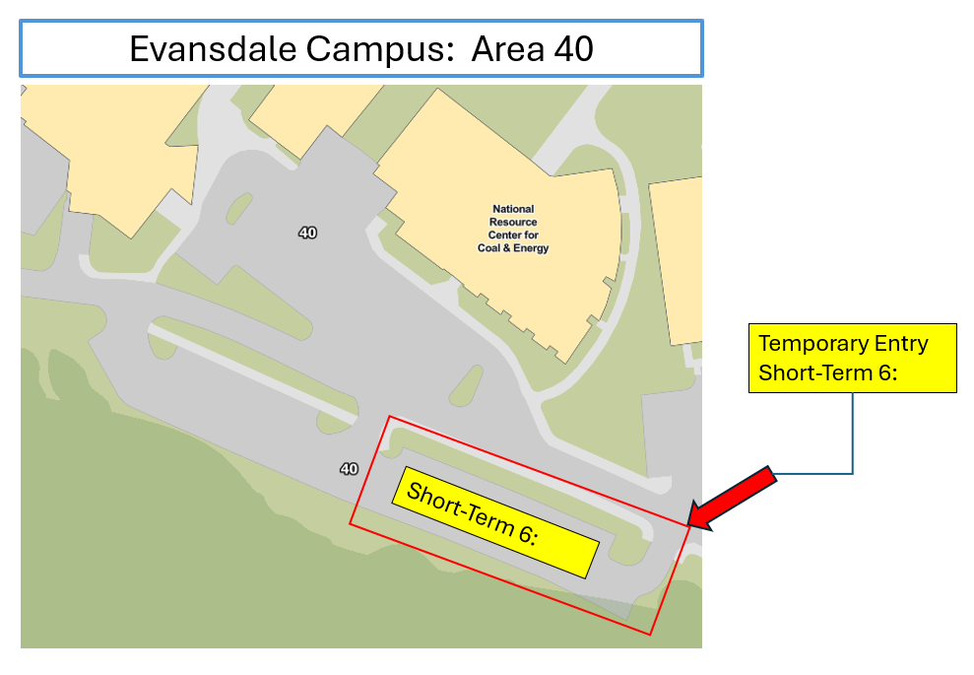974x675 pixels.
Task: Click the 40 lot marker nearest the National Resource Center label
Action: pyautogui.click(x=308, y=233)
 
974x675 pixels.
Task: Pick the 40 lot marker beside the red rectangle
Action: pyautogui.click(x=349, y=468)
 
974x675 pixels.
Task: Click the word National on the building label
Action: pyautogui.click(x=512, y=209)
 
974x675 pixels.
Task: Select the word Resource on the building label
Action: pyautogui.click(x=512, y=222)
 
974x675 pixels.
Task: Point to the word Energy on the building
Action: pyautogui.click(x=530, y=248)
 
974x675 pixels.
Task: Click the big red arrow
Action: pyautogui.click(x=734, y=499)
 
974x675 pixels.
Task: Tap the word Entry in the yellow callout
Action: pyautogui.click(x=899, y=344)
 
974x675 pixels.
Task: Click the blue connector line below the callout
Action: pyautogui.click(x=852, y=434)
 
